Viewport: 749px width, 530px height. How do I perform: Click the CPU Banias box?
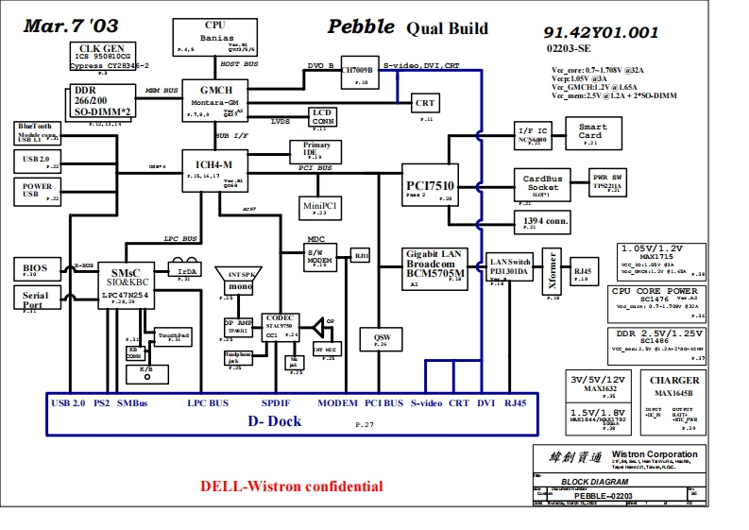214,36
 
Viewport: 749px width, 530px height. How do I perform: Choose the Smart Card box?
592,132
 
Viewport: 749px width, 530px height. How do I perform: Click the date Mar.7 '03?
71,26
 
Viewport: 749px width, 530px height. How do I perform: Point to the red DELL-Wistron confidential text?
291,487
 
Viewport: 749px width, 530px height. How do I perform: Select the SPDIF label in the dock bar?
276,403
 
